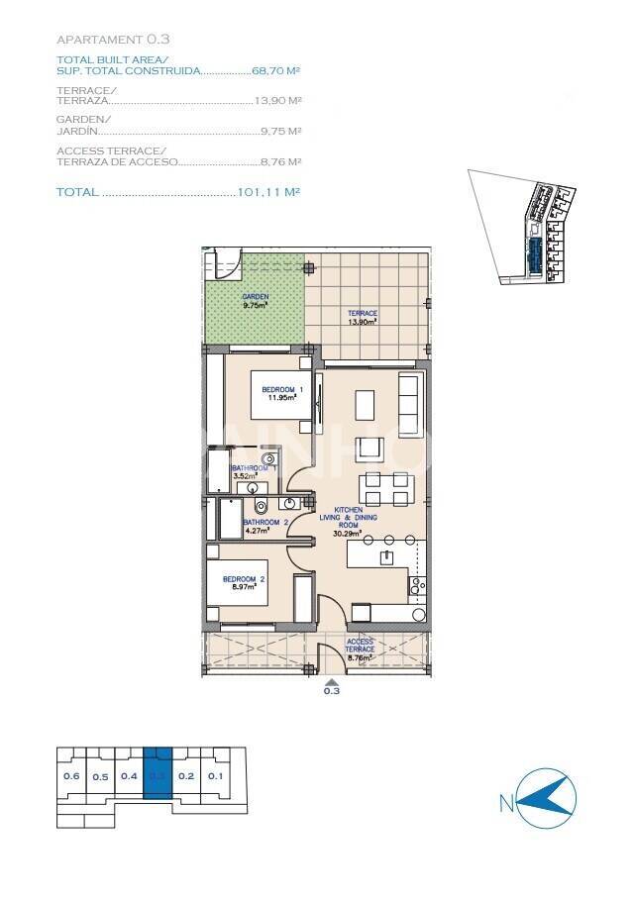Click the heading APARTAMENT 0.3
[113, 40]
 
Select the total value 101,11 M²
[269, 193]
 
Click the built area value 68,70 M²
[276, 71]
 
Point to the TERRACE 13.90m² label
[362, 317]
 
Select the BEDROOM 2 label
[243, 582]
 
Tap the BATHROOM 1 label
[247, 471]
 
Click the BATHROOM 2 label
[265, 525]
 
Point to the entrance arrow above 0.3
[331, 680]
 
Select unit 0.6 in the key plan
[71, 775]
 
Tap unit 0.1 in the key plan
[216, 775]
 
